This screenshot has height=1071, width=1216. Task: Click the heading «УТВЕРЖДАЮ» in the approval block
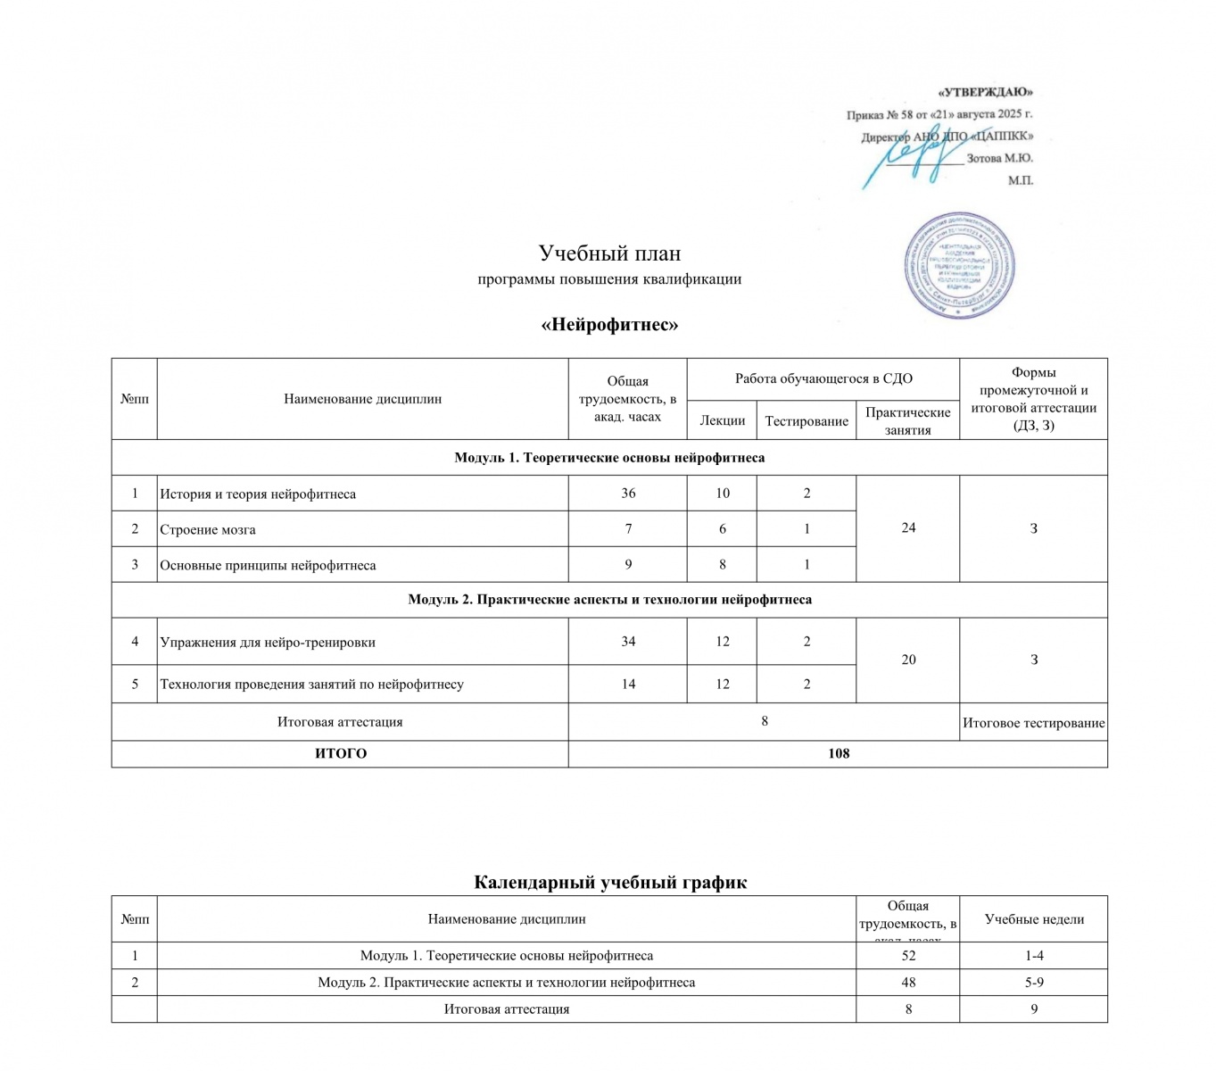985,92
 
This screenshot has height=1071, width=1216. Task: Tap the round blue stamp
960,267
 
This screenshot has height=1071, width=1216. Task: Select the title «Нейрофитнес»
609,324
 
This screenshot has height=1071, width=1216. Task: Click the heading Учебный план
609,253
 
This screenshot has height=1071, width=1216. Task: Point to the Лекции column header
722,420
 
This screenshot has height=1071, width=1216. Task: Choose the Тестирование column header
807,420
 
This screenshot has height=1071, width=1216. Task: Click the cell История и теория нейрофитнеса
258,494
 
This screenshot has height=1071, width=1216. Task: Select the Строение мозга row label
208,529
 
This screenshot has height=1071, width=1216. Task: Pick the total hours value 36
628,493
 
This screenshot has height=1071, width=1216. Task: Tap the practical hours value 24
908,527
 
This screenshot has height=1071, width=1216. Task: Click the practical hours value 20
908,660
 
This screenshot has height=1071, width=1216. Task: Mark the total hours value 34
628,641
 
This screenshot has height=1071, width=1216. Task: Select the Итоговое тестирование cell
1033,723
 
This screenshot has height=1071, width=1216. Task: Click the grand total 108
838,753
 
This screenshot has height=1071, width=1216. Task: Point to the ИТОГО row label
341,753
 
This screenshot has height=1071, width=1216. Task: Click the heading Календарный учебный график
609,883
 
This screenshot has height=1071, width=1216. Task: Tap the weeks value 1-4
1034,956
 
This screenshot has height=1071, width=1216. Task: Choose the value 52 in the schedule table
908,956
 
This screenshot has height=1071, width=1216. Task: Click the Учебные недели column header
1034,919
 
